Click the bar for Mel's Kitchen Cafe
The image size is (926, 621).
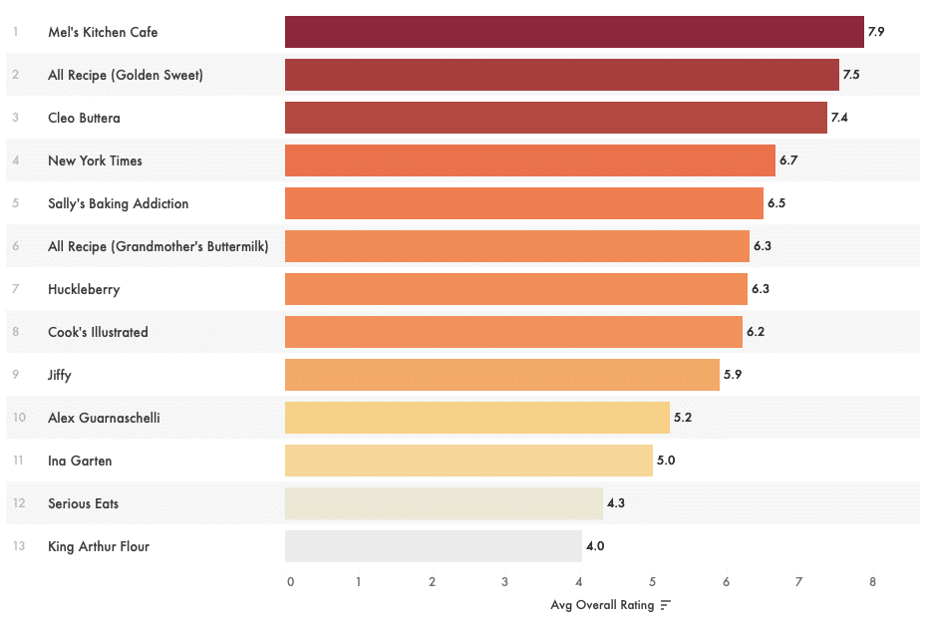point(574,32)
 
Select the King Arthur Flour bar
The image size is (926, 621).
point(433,546)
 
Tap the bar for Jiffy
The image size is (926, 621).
point(501,375)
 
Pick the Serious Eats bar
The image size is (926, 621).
point(444,503)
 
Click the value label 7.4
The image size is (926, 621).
point(838,118)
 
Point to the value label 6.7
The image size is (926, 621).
point(788,160)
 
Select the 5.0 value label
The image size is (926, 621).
point(666,461)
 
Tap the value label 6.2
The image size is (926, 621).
point(756,332)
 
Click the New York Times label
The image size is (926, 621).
point(95,160)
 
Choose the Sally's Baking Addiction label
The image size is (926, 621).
point(118,203)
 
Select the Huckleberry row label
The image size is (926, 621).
point(84,289)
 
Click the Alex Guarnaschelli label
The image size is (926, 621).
point(104,418)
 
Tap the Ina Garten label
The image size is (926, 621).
point(80,461)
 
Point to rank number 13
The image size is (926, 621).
point(19,546)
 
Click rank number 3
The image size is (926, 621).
point(16,118)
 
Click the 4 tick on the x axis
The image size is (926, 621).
point(579,582)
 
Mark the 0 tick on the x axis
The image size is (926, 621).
point(290,582)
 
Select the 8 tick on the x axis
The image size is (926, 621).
point(872,582)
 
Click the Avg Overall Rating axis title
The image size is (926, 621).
point(602,605)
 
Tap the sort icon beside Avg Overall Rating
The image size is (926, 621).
point(665,605)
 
